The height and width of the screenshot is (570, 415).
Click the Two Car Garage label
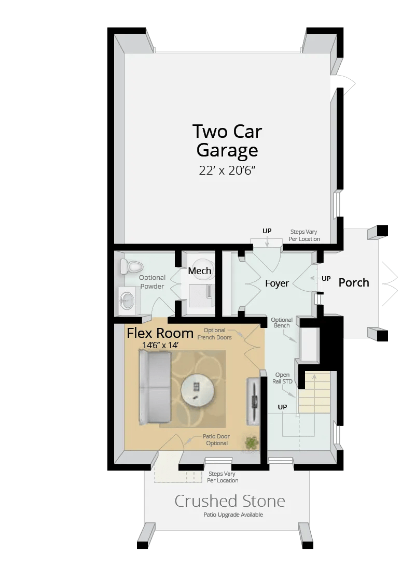pos(227,140)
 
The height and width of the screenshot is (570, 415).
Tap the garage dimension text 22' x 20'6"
pos(228,170)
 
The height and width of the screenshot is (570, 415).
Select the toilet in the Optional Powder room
pos(132,266)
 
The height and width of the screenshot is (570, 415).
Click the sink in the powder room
pos(127,300)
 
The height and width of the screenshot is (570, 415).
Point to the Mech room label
pos(200,270)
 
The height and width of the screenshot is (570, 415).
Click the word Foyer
pos(276,283)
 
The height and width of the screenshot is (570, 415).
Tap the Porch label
pos(354,282)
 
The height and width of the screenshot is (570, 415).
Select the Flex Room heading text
pos(160,333)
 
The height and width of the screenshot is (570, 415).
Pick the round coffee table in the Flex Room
pos(197,390)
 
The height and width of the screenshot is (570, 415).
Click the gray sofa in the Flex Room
pos(155,388)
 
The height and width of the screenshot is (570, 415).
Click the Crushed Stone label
pos(230,501)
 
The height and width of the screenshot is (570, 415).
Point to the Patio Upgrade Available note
pos(233,515)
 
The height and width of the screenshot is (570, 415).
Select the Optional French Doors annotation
pos(214,334)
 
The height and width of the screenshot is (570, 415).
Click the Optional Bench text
pos(282,323)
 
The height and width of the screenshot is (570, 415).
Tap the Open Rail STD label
pos(283,378)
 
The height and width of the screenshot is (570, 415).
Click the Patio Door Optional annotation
pos(217,440)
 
